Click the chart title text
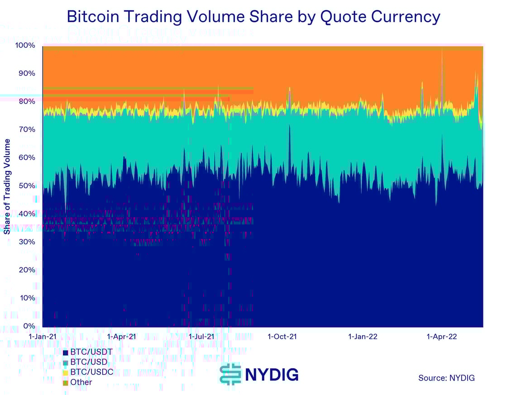pos(253,17)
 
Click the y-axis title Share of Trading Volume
pos(7,186)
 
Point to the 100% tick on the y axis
pos(26,45)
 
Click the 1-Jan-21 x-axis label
pos(43,337)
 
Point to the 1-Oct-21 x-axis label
pos(282,337)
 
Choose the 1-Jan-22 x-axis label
pos(363,337)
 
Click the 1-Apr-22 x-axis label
pos(442,337)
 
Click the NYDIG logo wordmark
pos(272,375)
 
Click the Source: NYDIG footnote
pos(446,378)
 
